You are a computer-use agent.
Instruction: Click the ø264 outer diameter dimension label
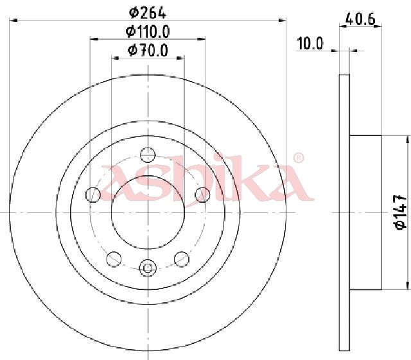[148, 13]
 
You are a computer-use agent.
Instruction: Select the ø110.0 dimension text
[148, 31]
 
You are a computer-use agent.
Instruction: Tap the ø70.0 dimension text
[148, 51]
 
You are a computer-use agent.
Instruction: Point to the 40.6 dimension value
[360, 19]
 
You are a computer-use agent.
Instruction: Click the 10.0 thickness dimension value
[310, 44]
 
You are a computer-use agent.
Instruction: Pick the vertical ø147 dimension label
[401, 212]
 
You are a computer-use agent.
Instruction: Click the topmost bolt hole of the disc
[148, 155]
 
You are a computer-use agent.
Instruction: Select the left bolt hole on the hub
[93, 194]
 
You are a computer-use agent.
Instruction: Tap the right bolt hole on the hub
[203, 194]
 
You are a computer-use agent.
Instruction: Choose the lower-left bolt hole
[114, 259]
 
